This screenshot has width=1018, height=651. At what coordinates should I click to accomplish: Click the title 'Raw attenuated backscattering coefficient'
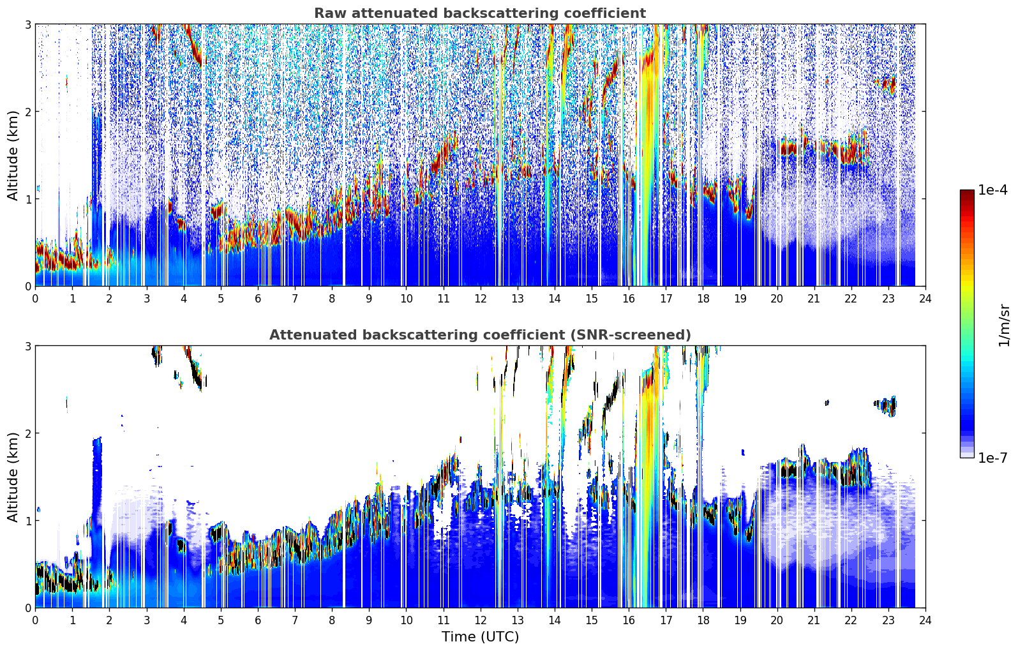pos(480,13)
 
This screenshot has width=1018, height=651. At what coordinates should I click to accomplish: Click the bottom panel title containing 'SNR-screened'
pos(480,335)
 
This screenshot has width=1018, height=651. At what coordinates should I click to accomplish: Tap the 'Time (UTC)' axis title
pos(480,637)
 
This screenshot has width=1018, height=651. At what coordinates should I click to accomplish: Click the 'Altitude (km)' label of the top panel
pos(13,156)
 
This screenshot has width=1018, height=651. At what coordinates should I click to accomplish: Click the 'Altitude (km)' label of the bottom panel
pos(13,477)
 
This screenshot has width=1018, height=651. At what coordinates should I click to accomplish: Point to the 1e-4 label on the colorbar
pos(992,190)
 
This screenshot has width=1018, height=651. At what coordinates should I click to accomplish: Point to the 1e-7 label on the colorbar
pos(992,458)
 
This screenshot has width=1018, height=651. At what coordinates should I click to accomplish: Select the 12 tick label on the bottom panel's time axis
pos(481,620)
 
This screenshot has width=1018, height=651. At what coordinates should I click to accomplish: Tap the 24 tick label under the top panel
pos(925,299)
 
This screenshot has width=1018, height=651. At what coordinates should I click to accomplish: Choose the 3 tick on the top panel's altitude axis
pos(27,24)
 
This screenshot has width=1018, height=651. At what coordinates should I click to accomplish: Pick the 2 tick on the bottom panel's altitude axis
pos(27,434)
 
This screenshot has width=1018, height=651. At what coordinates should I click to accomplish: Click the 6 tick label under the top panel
pos(258,299)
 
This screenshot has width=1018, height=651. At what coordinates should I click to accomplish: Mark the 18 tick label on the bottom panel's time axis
pos(703,620)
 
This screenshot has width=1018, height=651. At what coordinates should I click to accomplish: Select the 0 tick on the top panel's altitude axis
pos(27,287)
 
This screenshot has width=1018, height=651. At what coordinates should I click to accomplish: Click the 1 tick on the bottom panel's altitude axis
pos(27,521)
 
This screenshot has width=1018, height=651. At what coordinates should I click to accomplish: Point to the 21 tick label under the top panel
pos(814,299)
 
